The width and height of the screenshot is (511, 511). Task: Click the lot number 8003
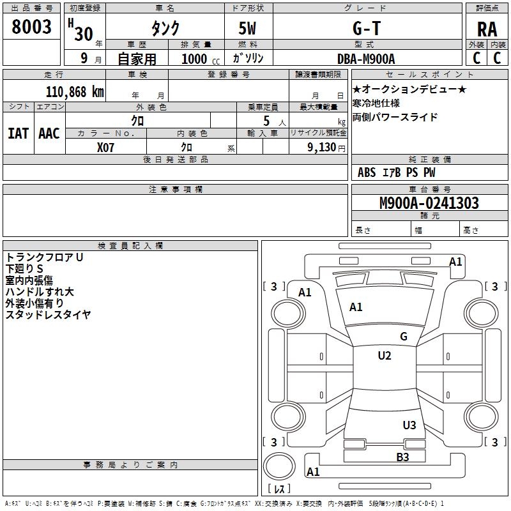click(32, 27)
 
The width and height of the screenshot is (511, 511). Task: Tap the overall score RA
click(487, 29)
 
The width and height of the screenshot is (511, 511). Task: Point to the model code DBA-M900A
click(366, 59)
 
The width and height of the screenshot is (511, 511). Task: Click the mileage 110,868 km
click(75, 91)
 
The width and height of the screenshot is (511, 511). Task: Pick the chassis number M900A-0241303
click(429, 203)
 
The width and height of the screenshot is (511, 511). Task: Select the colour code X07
click(107, 146)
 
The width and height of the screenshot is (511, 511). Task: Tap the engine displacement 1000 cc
click(200, 59)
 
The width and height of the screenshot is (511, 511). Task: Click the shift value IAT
click(18, 133)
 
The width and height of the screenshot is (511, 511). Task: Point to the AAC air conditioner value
click(49, 133)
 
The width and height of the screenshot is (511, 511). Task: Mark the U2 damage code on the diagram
click(384, 356)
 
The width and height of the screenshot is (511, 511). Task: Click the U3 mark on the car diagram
click(409, 425)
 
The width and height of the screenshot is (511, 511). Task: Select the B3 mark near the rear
click(402, 457)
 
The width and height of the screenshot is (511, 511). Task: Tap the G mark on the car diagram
click(403, 337)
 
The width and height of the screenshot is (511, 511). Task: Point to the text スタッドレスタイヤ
click(48, 314)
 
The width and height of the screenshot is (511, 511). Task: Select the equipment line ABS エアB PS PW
click(397, 172)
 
